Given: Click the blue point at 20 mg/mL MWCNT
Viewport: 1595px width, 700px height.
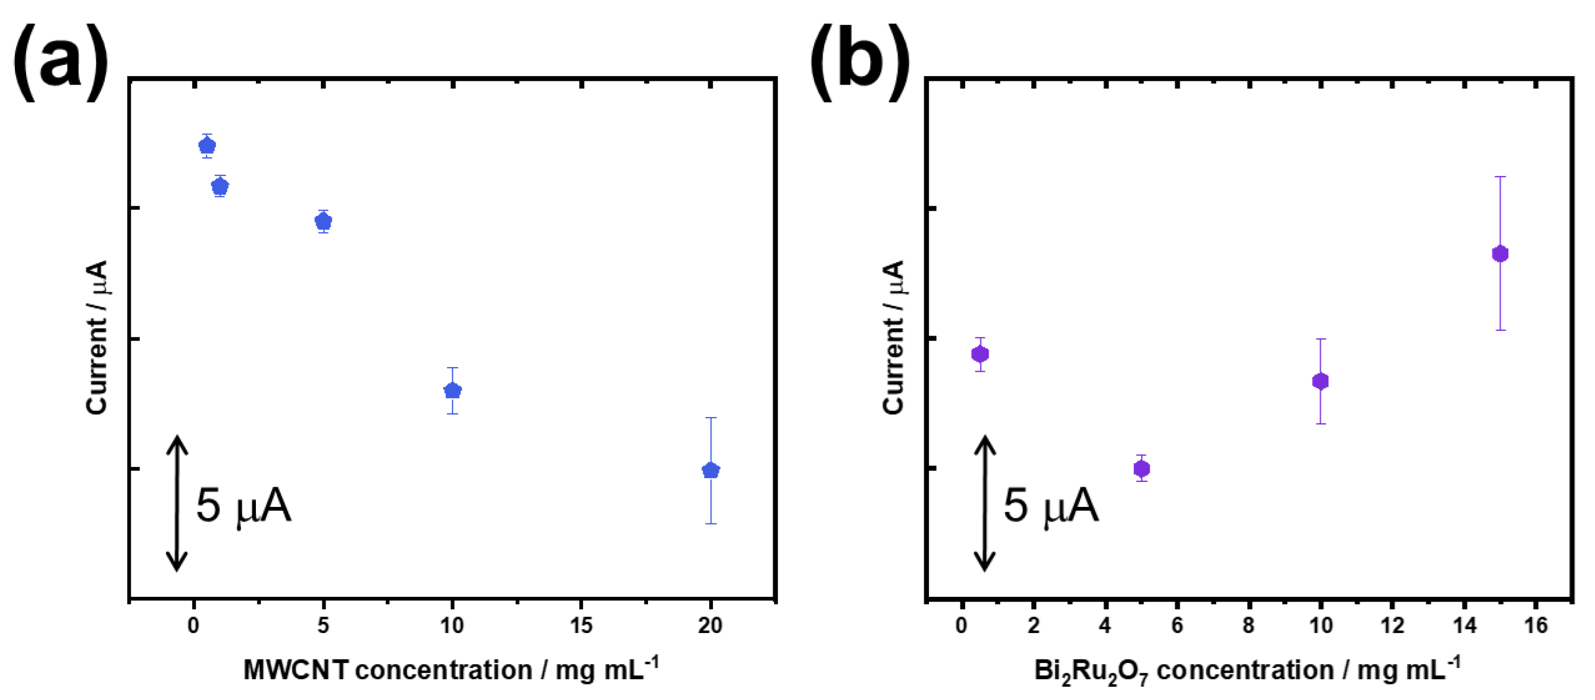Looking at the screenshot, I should (711, 470).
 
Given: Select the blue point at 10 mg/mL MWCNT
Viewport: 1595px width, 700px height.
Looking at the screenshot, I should (453, 390).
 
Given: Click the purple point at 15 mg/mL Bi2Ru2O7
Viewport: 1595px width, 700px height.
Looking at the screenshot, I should (1500, 254).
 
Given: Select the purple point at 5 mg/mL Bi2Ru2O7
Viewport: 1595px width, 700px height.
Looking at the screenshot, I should (1142, 469).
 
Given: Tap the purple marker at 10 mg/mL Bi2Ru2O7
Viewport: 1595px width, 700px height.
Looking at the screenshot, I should (1320, 381).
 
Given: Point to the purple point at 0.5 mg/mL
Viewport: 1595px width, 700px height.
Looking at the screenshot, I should (980, 354).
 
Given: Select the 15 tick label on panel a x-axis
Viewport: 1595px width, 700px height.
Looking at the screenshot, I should (581, 626).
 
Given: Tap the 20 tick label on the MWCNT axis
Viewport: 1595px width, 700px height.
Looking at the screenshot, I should (710, 626).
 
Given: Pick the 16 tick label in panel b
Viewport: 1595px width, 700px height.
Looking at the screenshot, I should (1535, 626).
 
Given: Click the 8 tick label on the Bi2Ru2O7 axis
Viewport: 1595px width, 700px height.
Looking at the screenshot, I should (1248, 626).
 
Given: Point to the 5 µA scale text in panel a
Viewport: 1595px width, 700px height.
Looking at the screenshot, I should (243, 506).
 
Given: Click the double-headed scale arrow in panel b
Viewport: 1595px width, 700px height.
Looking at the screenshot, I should (984, 503).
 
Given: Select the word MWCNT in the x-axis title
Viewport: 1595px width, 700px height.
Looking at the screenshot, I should (295, 670).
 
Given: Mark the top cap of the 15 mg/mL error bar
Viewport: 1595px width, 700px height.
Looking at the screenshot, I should (1500, 177).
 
